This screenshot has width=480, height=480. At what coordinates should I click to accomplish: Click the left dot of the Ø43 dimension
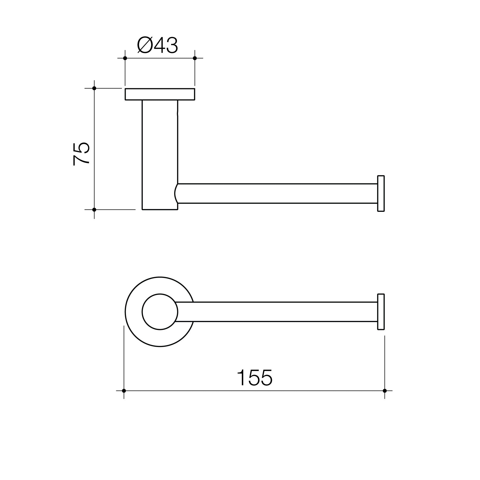click(x=125, y=58)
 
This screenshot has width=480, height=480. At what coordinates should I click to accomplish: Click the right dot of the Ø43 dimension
click(x=195, y=58)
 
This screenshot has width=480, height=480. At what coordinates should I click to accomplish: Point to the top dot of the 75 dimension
click(x=94, y=88)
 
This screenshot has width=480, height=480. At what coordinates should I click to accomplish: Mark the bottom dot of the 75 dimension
click(x=94, y=210)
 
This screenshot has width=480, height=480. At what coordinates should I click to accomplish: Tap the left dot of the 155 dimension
click(x=124, y=391)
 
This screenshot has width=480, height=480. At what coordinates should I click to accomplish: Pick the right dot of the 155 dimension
click(x=385, y=391)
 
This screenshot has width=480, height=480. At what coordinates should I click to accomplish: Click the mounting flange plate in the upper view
click(x=160, y=94)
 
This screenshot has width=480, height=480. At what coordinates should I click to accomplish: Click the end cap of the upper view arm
click(x=381, y=193)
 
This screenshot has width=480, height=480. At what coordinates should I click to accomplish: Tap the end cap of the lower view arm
click(x=381, y=312)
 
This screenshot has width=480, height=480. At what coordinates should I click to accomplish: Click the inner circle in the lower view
click(x=160, y=312)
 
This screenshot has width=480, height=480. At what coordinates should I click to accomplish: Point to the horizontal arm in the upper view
click(x=276, y=193)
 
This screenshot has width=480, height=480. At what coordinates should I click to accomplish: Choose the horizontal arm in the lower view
click(x=276, y=312)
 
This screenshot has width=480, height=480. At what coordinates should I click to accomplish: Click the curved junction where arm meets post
click(x=176, y=193)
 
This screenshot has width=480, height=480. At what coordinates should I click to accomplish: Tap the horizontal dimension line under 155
click(x=190, y=391)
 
